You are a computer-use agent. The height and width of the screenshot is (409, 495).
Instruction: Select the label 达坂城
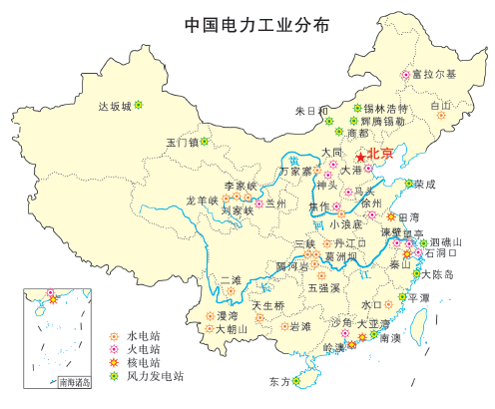pyautogui.click(x=114, y=106)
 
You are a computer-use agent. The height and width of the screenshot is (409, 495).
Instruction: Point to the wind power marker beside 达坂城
pyautogui.click(x=139, y=104)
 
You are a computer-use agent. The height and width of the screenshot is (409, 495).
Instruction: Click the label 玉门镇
pyautogui.click(x=183, y=142)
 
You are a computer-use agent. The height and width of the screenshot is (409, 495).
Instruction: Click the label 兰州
pyautogui.click(x=275, y=204)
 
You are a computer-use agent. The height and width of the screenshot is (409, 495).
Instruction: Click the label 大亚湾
pyautogui.click(x=373, y=323)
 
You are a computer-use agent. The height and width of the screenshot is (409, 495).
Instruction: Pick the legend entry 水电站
pyautogui.click(x=143, y=334)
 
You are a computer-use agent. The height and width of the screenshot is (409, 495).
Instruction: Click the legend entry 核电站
pyautogui.click(x=143, y=362)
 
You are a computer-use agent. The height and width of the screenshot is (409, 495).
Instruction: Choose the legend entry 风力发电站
pyautogui.click(x=150, y=376)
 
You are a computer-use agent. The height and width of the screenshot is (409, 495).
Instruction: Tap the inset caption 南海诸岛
pyautogui.click(x=73, y=381)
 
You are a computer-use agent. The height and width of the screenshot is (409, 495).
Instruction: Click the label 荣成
pyautogui.click(x=424, y=185)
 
